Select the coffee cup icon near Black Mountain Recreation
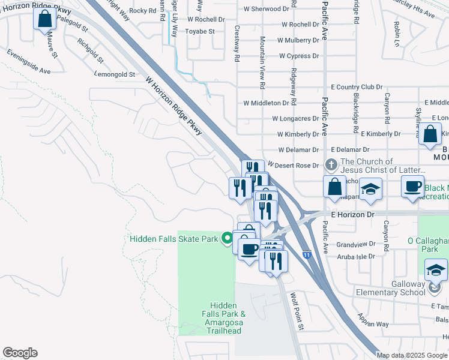(412, 187)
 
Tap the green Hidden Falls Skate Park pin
(227, 239)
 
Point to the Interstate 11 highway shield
(307, 255)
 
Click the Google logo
(20, 353)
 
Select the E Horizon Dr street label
(353, 214)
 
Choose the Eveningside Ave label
(28, 62)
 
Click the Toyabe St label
(199, 31)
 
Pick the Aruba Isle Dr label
(354, 256)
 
